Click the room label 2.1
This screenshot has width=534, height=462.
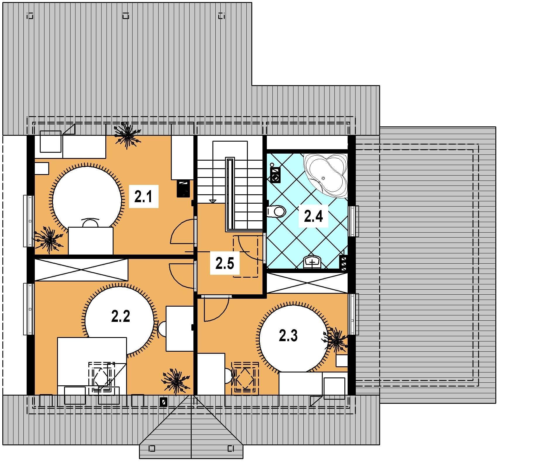pos(143,196)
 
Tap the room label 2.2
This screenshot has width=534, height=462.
pos(121,316)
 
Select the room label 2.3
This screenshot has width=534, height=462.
pos(288,336)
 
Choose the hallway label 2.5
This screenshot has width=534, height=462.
pos(225,263)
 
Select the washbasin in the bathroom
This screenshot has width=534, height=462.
pos(313,262)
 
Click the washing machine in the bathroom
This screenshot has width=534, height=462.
pos(275,175)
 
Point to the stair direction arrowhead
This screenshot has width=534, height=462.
pos(213,201)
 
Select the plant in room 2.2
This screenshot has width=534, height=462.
pos(176,381)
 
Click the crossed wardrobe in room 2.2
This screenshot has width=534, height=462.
pos(81,269)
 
